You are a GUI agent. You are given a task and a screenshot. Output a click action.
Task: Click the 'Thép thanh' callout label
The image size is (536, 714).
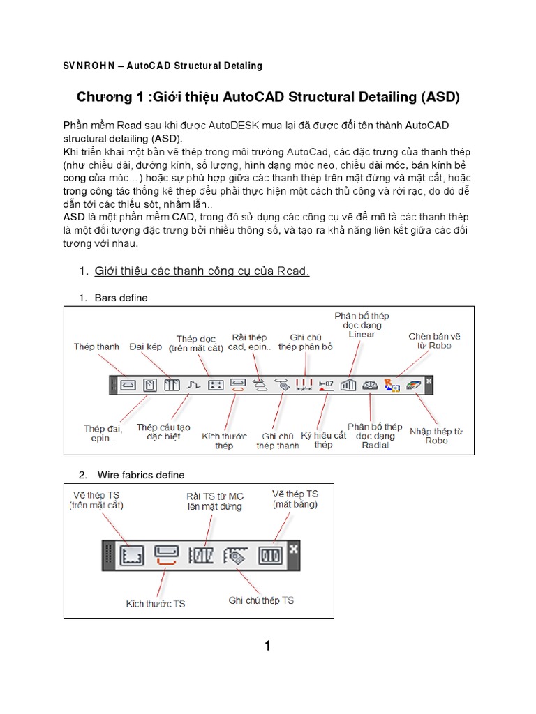pos(97,347)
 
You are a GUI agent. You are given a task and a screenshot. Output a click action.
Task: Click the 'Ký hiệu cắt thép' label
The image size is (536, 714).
pos(323,440)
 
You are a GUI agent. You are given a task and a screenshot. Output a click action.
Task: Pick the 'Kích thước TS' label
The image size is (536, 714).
pos(156,604)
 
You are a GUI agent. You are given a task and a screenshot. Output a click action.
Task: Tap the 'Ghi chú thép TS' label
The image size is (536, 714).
pos(262,600)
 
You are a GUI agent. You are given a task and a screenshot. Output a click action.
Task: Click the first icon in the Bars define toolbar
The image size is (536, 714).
pos(128,384)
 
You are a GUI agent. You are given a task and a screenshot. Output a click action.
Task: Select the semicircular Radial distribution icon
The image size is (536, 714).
pos(370,384)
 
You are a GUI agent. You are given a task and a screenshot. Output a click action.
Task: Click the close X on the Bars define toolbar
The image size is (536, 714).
pos(429,381)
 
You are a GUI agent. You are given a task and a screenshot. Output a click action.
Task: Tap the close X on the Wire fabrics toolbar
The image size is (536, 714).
pos(294,549)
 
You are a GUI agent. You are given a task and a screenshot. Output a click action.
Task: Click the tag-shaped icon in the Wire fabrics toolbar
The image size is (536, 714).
pos(234,556)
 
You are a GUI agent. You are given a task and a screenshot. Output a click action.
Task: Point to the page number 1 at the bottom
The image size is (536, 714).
pos(267,646)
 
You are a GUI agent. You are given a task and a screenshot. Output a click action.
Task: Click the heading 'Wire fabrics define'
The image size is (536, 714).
pos(141,475)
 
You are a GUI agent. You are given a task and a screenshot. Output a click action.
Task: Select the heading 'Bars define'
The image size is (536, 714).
pos(121,298)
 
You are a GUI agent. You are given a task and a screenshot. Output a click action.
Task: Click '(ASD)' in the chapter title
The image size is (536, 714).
pos(440,97)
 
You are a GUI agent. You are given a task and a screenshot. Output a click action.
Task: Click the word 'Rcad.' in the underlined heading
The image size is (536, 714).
pos(292,271)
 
